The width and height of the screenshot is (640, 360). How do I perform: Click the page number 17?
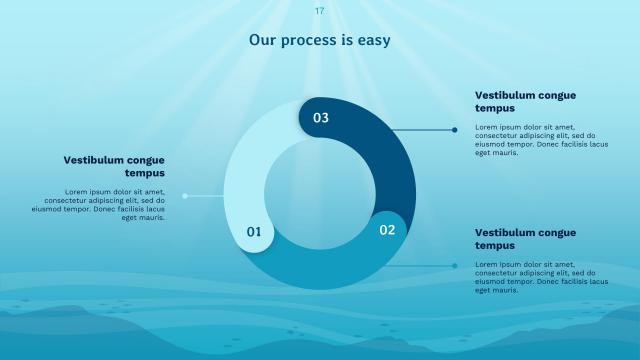(319, 11)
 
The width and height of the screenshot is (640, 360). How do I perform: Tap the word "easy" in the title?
(370, 41)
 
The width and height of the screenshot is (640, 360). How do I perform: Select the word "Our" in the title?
(263, 41)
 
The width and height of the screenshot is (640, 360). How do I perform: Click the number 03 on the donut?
(320, 118)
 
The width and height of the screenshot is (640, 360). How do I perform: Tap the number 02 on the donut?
(387, 230)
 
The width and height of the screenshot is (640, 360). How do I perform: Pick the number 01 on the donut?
(254, 232)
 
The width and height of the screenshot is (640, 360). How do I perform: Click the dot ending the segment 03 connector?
(455, 130)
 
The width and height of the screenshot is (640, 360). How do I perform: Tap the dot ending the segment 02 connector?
(455, 266)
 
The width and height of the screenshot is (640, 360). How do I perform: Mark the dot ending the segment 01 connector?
(185, 196)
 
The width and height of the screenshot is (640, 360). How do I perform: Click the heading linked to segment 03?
(525, 101)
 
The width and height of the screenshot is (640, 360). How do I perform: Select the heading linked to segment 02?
(525, 238)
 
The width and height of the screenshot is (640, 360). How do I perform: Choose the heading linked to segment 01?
(114, 166)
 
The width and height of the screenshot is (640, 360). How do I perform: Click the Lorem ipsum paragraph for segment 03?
(541, 140)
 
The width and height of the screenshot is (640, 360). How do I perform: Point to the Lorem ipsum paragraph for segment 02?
(541, 277)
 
